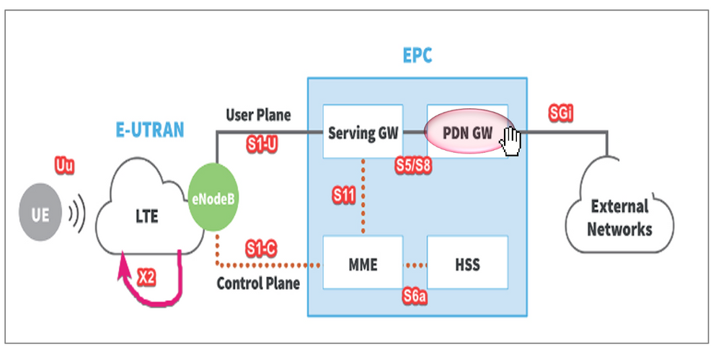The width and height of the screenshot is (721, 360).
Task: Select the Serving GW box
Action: tap(363, 133)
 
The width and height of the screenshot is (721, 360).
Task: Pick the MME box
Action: tap(363, 265)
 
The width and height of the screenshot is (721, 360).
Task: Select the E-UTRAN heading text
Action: tap(150, 130)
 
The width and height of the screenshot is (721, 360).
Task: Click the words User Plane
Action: tap(258, 115)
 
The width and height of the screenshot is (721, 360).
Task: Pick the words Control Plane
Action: tap(258, 284)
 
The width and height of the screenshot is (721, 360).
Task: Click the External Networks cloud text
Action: tap(619, 218)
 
